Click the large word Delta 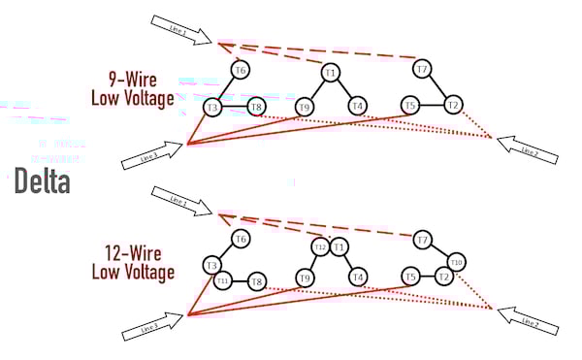43,181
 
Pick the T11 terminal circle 222,281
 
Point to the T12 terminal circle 319,247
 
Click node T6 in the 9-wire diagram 241,70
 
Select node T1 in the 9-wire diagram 330,73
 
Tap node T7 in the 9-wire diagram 422,69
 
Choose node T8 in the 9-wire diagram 256,107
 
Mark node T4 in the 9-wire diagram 357,106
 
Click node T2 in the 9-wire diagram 453,105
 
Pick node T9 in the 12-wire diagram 305,278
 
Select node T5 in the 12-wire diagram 411,278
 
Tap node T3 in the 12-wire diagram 211,264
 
